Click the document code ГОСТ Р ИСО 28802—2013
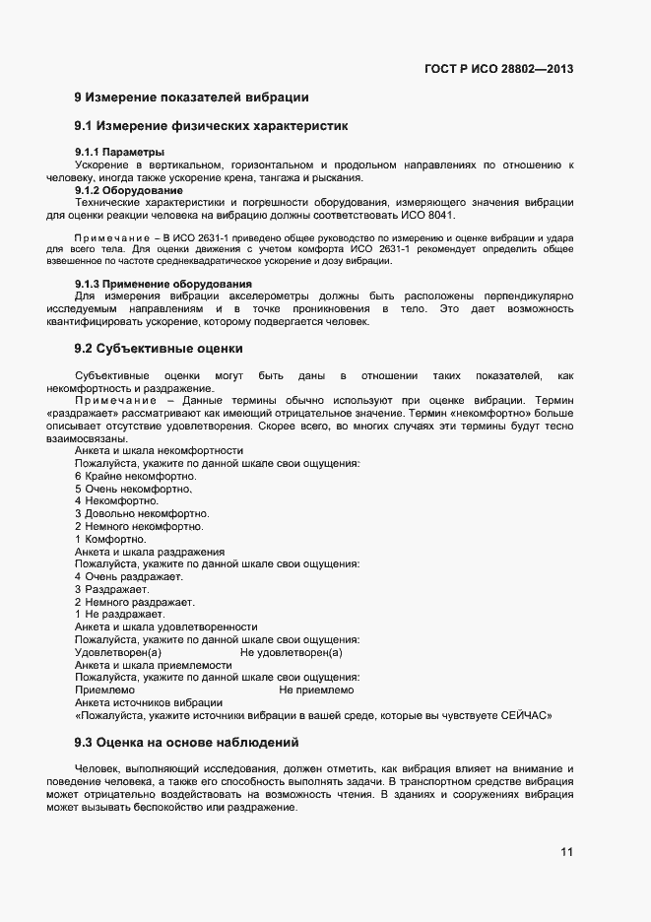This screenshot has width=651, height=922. click(x=498, y=69)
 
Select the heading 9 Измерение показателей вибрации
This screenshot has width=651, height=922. click(x=192, y=98)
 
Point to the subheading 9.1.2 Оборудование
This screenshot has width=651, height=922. click(x=128, y=189)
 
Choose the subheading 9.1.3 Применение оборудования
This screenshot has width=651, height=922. click(x=157, y=284)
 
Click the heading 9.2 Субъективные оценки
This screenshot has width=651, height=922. click(x=158, y=349)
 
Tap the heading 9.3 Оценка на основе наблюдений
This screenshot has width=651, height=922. click(x=186, y=742)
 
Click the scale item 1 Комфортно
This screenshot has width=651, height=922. click(x=110, y=539)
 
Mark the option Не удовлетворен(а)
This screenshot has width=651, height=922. click(x=291, y=653)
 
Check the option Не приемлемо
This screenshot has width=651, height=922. click(x=316, y=691)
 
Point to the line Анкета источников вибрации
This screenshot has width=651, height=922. click(x=148, y=703)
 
